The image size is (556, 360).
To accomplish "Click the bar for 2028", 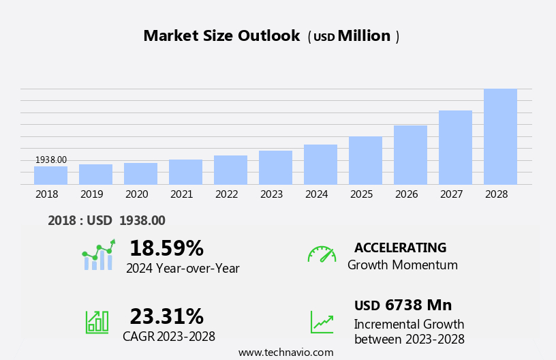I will pyautogui.click(x=500, y=136).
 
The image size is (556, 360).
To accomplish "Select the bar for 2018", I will pyautogui.click(x=50, y=175).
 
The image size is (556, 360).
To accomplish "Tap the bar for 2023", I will pyautogui.click(x=275, y=167).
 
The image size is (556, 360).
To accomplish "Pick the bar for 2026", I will pyautogui.click(x=410, y=155).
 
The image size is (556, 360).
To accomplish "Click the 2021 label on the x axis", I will pyautogui.click(x=181, y=194).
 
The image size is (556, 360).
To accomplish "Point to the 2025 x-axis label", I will pyautogui.click(x=361, y=194).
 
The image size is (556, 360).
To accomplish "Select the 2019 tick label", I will pyautogui.click(x=91, y=194).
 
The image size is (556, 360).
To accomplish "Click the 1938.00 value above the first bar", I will pyautogui.click(x=51, y=160).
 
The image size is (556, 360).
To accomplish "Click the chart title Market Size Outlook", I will pyautogui.click(x=221, y=36).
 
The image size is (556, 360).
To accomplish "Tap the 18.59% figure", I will pyautogui.click(x=166, y=248).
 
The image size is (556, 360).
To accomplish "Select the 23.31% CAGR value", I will pyautogui.click(x=166, y=316).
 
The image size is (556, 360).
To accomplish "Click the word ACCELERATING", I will pyautogui.click(x=400, y=247).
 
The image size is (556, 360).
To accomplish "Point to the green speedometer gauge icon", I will pyautogui.click(x=322, y=254).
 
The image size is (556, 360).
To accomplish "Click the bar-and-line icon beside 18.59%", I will pyautogui.click(x=98, y=256).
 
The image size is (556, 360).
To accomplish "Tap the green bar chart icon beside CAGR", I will pyautogui.click(x=97, y=321).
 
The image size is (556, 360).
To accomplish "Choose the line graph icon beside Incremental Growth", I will pyautogui.click(x=322, y=322).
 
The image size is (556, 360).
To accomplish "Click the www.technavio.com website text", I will pyautogui.click(x=285, y=352).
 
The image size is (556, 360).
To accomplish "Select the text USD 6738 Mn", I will pyautogui.click(x=403, y=305).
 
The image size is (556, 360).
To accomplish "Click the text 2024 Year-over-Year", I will pyautogui.click(x=183, y=269).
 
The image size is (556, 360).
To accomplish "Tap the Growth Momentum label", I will pyautogui.click(x=402, y=265).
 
